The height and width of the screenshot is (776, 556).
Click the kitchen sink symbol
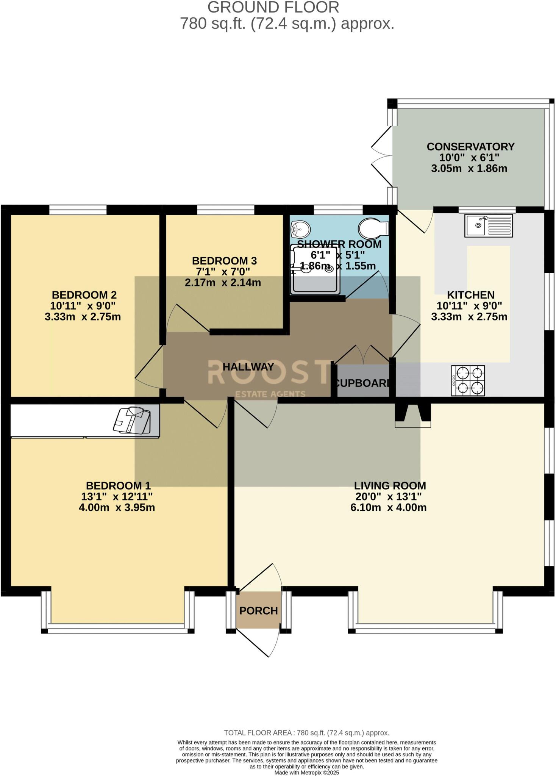point(489,225)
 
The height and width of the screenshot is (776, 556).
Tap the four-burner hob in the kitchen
point(468,381)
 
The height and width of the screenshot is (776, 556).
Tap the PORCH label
point(259,610)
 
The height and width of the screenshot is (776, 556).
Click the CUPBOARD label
point(363,383)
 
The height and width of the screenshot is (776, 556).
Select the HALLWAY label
point(248,367)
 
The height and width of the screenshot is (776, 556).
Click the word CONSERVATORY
point(470,147)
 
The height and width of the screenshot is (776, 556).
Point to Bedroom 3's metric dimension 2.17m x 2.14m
point(223,282)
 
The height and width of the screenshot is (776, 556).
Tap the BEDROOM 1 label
point(118,485)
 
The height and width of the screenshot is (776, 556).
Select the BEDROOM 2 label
point(84,295)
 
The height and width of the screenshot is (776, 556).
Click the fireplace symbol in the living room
point(413,415)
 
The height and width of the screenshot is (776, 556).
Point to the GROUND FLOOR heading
point(273,8)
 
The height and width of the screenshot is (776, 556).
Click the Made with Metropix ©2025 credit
point(306,772)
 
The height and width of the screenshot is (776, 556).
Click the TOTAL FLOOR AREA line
point(306,732)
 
